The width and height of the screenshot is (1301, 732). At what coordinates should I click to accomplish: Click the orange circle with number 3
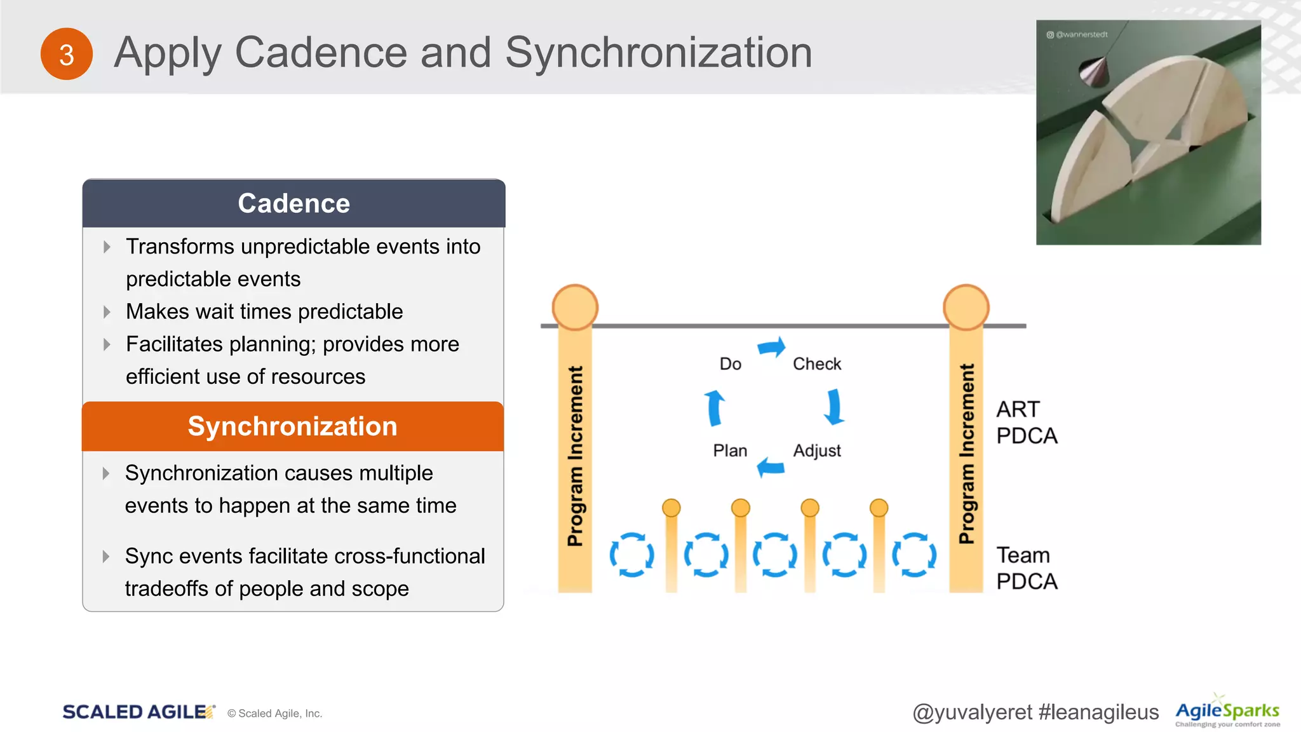[67, 54]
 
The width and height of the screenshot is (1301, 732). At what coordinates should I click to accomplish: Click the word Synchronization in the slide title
[658, 52]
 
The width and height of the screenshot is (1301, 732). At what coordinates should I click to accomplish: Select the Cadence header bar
[293, 203]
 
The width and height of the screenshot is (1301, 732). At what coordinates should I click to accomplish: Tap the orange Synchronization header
[293, 426]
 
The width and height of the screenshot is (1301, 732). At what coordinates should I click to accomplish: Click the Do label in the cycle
[731, 364]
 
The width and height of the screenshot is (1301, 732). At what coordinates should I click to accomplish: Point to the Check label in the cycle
[817, 364]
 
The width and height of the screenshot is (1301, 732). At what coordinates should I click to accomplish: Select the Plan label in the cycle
[730, 451]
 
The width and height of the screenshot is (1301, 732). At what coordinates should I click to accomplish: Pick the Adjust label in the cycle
[817, 451]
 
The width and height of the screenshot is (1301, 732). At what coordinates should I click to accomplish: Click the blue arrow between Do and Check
[772, 348]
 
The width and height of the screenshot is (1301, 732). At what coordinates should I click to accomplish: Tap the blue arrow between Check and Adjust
[834, 407]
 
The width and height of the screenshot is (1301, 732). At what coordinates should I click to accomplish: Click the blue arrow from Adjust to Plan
[771, 467]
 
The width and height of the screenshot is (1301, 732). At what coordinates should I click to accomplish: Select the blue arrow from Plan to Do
[715, 407]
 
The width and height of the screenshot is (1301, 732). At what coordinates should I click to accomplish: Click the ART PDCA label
[1027, 423]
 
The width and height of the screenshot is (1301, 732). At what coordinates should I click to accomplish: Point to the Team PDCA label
[1027, 568]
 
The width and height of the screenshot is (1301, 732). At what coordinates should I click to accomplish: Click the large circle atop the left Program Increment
[575, 308]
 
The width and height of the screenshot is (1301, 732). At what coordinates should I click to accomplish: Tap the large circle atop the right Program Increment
[966, 308]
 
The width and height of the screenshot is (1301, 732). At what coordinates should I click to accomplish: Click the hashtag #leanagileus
[1098, 712]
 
